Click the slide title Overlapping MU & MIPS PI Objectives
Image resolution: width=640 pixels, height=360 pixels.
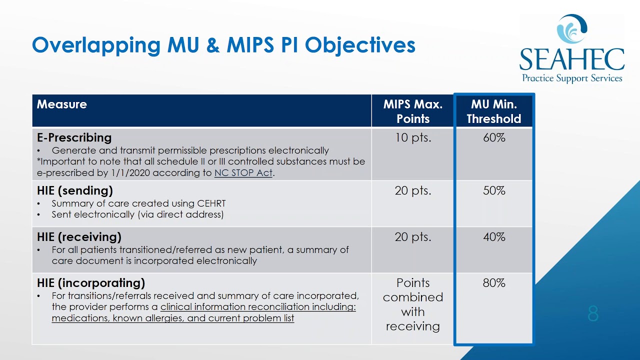[x=223, y=45]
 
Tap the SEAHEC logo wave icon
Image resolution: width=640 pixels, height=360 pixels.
[x=571, y=29]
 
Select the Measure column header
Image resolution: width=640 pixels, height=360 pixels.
[x=61, y=104]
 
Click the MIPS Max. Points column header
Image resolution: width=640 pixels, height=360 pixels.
[x=413, y=111]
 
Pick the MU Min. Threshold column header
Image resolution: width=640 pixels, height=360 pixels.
[x=494, y=111]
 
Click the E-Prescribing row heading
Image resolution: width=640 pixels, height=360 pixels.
[x=74, y=137]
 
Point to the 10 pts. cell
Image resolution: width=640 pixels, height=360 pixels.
[x=413, y=137]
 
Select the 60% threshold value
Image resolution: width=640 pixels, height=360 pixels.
[x=494, y=137]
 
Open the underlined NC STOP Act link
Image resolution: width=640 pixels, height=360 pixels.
[x=243, y=173]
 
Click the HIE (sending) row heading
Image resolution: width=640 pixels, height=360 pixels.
[x=75, y=190]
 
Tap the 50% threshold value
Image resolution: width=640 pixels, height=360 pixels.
[x=494, y=190]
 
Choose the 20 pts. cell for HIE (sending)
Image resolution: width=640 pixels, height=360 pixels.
[x=413, y=190]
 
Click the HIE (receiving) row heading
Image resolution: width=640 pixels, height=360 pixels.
[x=79, y=236]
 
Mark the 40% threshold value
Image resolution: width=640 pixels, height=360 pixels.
[x=494, y=236]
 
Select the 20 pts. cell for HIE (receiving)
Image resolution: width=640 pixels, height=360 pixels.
[x=413, y=236]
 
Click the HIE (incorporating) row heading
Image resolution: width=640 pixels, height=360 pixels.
[x=91, y=283]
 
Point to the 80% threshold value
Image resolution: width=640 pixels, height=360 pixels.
[x=494, y=283]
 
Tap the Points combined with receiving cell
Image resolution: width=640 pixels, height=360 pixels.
[x=413, y=304]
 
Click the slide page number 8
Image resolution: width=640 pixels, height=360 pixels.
[x=593, y=314]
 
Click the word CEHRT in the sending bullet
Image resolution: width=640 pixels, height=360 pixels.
[x=209, y=203]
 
